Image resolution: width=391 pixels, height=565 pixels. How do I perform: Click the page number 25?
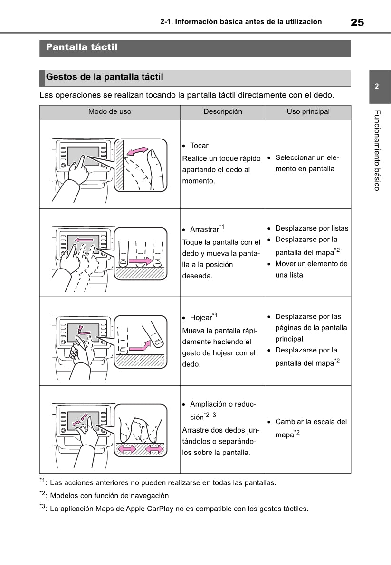point(357,22)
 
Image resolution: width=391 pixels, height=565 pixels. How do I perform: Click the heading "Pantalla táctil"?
point(82,47)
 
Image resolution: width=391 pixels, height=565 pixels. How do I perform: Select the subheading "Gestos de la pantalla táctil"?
point(105,77)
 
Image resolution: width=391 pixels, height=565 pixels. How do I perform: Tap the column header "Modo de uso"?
point(110,112)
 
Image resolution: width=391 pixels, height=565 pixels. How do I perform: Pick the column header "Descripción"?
point(223,112)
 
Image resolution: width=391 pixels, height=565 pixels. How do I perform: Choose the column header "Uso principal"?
point(308,112)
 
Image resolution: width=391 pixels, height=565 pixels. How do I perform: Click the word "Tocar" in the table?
point(199,146)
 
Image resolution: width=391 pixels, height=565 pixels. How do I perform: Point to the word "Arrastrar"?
point(204,230)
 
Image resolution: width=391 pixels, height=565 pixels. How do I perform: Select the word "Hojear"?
point(200,318)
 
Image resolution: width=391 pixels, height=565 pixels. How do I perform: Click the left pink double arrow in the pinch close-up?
point(126,449)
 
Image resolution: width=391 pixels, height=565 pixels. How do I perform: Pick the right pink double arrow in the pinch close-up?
point(155,449)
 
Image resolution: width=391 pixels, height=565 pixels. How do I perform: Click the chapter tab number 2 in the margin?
point(376,87)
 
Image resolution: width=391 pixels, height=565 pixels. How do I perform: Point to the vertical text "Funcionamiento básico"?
point(377,150)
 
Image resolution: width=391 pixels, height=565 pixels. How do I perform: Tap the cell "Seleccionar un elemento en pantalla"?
point(306,163)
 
